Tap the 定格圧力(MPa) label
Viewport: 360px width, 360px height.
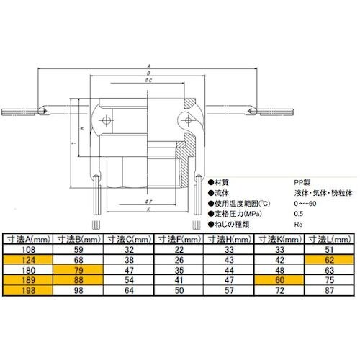[x=237, y=215]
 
